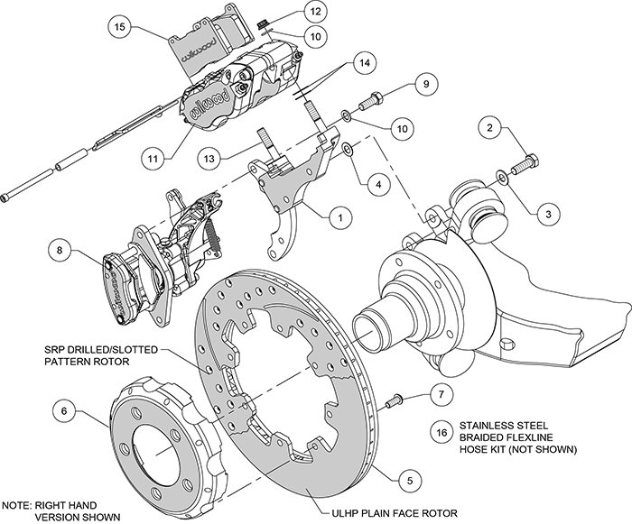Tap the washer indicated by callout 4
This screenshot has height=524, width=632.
tap(348, 147)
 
